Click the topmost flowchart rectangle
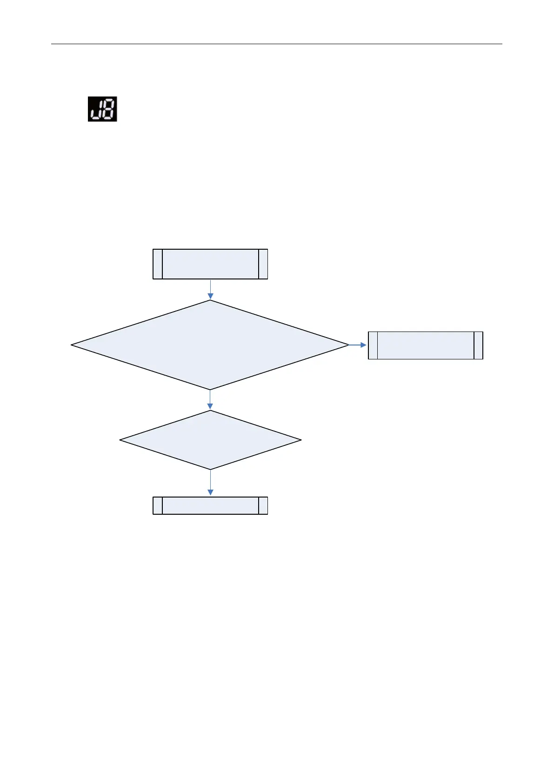[210, 264]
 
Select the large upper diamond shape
[210, 345]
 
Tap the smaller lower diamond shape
[210, 440]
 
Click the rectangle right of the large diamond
[425, 345]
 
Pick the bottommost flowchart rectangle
[210, 505]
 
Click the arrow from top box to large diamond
[210, 289]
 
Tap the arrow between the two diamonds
[210, 399]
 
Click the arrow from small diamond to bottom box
[210, 483]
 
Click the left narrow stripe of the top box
[158, 264]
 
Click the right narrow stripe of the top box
[263, 264]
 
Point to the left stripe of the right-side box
[373, 345]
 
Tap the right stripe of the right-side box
[478, 345]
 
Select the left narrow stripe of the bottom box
[158, 505]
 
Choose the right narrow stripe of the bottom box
[263, 505]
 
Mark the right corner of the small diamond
[300, 440]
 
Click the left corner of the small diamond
[121, 440]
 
